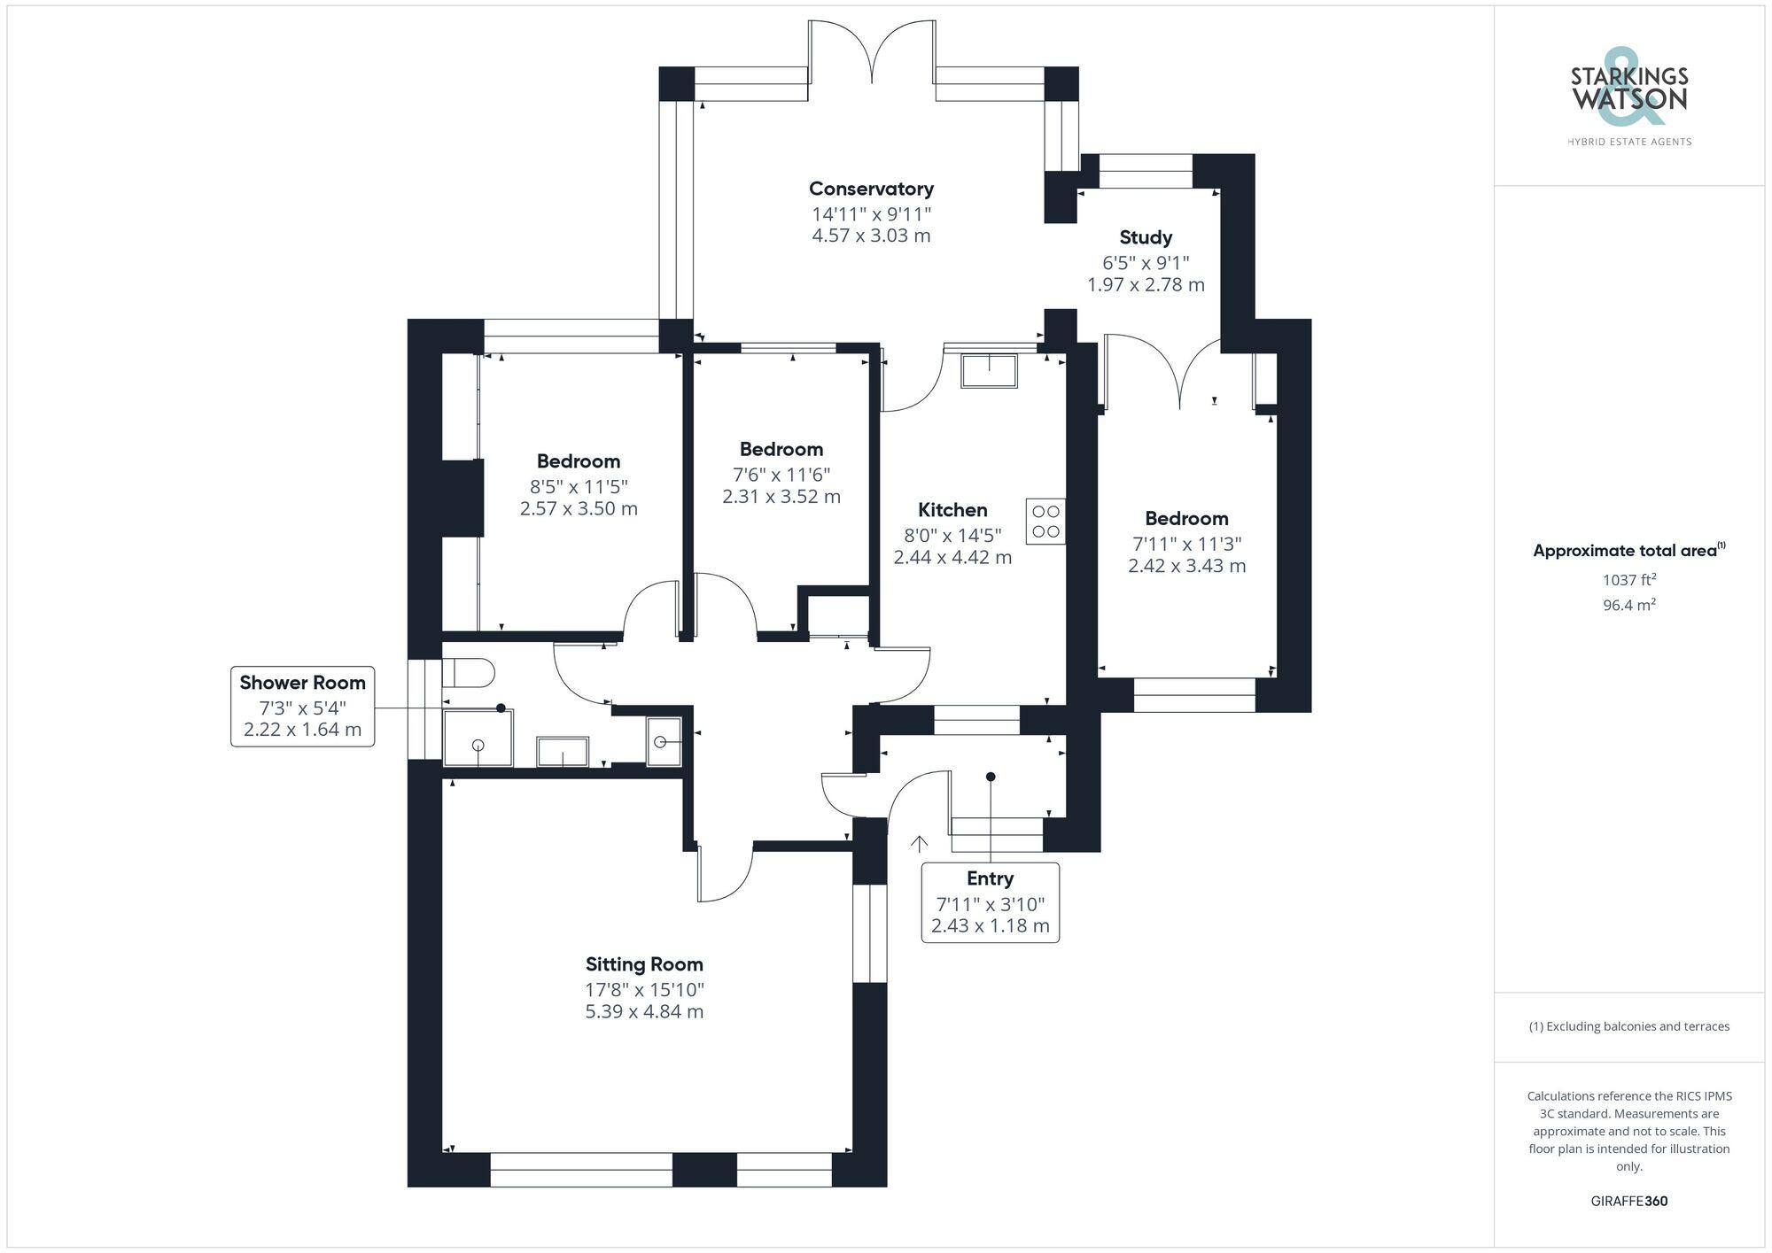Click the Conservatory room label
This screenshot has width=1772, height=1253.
pos(871,189)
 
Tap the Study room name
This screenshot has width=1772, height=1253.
pos(1146,237)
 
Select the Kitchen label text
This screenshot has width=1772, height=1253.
pos(952,510)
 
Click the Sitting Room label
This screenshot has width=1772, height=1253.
pos(644,964)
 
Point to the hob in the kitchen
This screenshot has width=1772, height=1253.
pos(1045,522)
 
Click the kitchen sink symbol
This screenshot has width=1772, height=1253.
pos(989,370)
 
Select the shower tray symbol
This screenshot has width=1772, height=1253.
pos(478,738)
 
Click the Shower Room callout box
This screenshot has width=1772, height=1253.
pos(302,707)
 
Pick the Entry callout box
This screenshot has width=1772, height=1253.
pos(990,902)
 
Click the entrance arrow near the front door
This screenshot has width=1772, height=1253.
pos(919,843)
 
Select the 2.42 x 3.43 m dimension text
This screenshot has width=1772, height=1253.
pos(1186,566)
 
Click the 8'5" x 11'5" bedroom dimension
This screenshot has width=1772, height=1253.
pos(579,486)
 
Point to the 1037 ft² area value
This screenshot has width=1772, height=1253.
pos(1629,580)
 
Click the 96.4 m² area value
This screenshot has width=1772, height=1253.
pos(1629,606)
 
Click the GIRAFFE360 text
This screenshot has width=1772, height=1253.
pos(1628,1202)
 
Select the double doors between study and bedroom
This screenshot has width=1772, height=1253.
pos(1179,372)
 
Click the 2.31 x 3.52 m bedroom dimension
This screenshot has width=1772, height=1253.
pos(781,497)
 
